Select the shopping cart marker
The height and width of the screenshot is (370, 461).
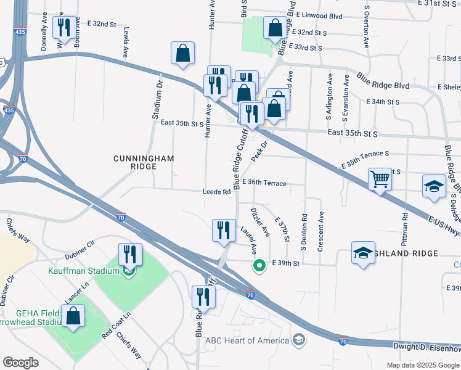380,179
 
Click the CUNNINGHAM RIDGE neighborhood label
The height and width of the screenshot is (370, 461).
144,162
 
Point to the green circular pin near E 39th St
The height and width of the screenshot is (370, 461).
259,266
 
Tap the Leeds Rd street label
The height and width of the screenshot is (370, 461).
216,192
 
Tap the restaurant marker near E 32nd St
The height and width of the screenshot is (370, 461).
64,28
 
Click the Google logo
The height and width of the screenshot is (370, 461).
20,363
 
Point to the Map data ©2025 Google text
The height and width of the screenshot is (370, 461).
423,365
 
